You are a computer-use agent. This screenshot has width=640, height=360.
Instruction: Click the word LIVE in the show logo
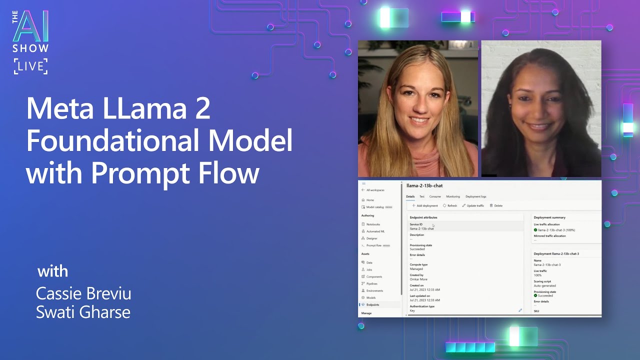30,66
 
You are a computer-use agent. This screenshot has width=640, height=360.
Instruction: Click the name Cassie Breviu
83,293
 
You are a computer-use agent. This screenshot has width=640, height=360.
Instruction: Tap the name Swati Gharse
83,312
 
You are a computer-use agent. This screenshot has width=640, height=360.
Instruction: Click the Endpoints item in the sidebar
372,304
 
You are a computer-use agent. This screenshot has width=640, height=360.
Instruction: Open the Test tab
422,196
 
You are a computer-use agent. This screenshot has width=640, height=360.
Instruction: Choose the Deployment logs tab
475,196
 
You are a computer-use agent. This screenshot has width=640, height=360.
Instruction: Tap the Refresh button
450,205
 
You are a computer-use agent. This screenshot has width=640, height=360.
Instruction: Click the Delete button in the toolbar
496,205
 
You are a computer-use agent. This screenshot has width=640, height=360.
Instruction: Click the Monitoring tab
453,196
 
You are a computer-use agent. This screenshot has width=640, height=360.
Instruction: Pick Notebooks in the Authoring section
373,224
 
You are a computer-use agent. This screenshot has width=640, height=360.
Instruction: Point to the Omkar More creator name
418,279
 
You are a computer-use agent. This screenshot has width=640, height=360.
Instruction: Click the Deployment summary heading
549,217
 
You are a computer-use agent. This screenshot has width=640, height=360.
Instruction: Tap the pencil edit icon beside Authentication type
520,310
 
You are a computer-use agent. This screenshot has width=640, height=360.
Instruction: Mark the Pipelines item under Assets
372,283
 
